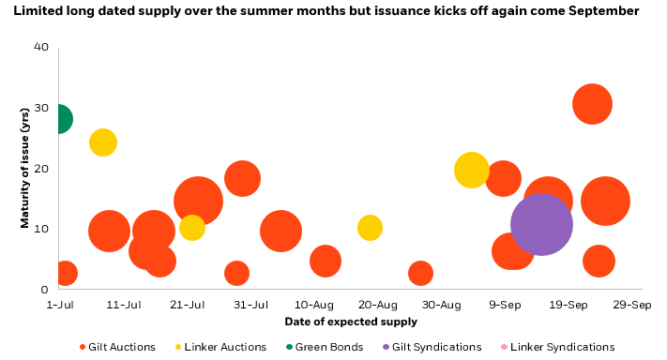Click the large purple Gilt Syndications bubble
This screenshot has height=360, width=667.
tap(541, 225)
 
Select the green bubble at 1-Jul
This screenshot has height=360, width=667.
tap(58, 119)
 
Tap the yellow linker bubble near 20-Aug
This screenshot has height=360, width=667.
tap(370, 228)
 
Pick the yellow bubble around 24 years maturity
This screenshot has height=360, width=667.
tap(103, 142)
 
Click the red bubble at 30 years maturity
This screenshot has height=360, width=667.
tap(592, 104)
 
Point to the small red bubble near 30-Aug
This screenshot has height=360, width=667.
tap(420, 273)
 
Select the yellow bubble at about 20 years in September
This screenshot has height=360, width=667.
tap(471, 170)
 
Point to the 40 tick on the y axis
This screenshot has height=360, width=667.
tap(41, 47)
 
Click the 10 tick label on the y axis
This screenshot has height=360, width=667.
tap(41, 229)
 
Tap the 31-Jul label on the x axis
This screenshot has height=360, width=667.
tap(250, 305)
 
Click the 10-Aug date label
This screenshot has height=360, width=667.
tap(314, 305)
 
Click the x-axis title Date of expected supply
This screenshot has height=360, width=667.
tap(351, 322)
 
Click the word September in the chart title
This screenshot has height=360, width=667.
tap(606, 12)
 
